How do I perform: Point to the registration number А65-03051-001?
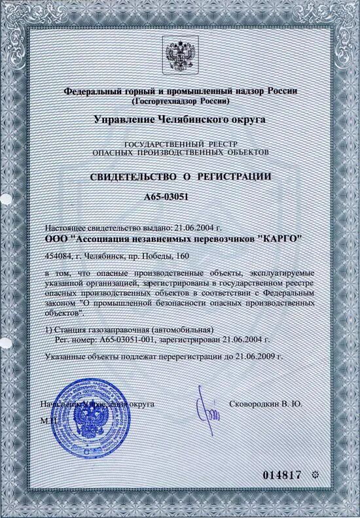(120, 340)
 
